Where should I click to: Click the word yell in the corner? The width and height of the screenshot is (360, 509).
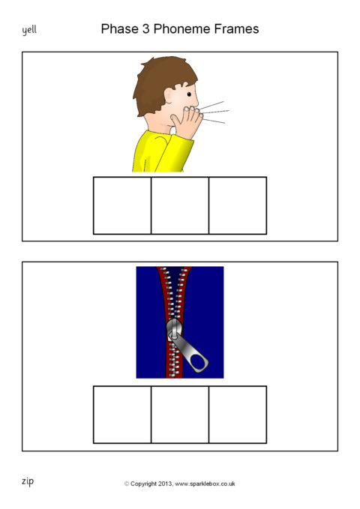click(x=29, y=31)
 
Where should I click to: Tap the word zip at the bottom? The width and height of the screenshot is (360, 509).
click(x=28, y=481)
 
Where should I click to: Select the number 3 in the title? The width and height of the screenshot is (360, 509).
click(x=145, y=29)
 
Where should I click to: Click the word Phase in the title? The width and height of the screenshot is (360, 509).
click(x=119, y=29)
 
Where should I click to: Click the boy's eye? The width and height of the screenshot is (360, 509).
click(x=189, y=94)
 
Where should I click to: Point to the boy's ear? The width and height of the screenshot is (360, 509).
click(x=169, y=96)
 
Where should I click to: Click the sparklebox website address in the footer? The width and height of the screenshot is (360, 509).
click(x=205, y=484)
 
